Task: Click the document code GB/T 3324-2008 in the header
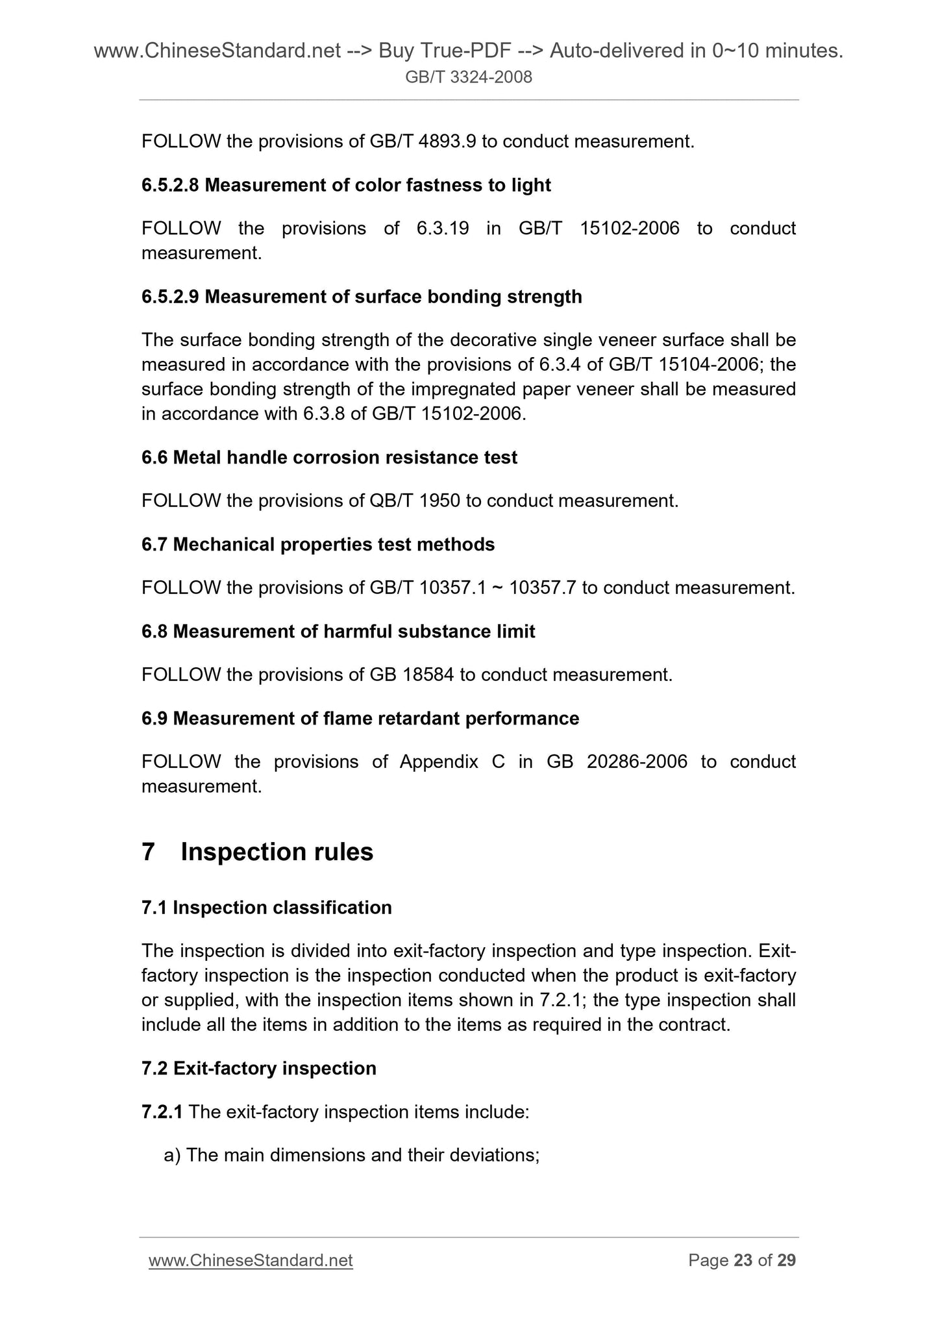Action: [x=468, y=78]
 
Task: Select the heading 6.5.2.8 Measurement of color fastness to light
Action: [x=346, y=185]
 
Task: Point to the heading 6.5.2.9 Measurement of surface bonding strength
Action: [x=362, y=297]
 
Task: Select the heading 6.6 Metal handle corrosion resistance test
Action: [x=329, y=458]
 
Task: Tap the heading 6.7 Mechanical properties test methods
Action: [x=318, y=545]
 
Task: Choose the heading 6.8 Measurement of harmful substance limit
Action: [x=338, y=632]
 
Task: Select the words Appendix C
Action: [x=452, y=762]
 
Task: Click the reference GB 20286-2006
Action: [x=617, y=762]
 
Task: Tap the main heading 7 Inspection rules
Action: [x=258, y=852]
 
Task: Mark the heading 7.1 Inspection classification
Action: [x=267, y=908]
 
